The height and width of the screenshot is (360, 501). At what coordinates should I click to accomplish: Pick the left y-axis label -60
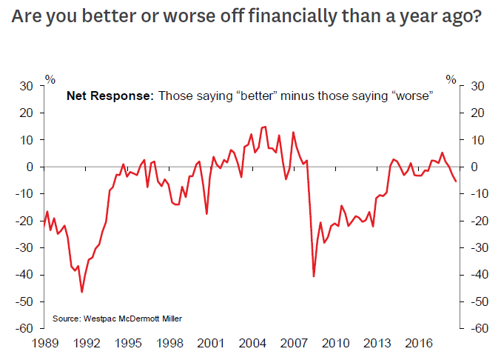[26, 328]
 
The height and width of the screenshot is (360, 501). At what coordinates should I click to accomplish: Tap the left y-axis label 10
[28, 140]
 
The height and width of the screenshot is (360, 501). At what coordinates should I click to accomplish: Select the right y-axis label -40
[476, 275]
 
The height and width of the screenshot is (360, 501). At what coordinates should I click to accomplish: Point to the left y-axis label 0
[31, 167]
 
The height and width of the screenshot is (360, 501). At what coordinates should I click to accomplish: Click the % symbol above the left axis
[50, 78]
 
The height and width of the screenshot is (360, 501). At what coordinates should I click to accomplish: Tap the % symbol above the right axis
[451, 78]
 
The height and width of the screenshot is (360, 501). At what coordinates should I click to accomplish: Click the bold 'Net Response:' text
[110, 96]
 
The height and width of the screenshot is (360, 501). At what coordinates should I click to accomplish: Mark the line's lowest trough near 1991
[81, 292]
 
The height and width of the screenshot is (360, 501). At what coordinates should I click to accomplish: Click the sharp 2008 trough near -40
[314, 276]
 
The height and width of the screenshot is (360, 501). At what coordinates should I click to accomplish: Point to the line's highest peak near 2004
[265, 127]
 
